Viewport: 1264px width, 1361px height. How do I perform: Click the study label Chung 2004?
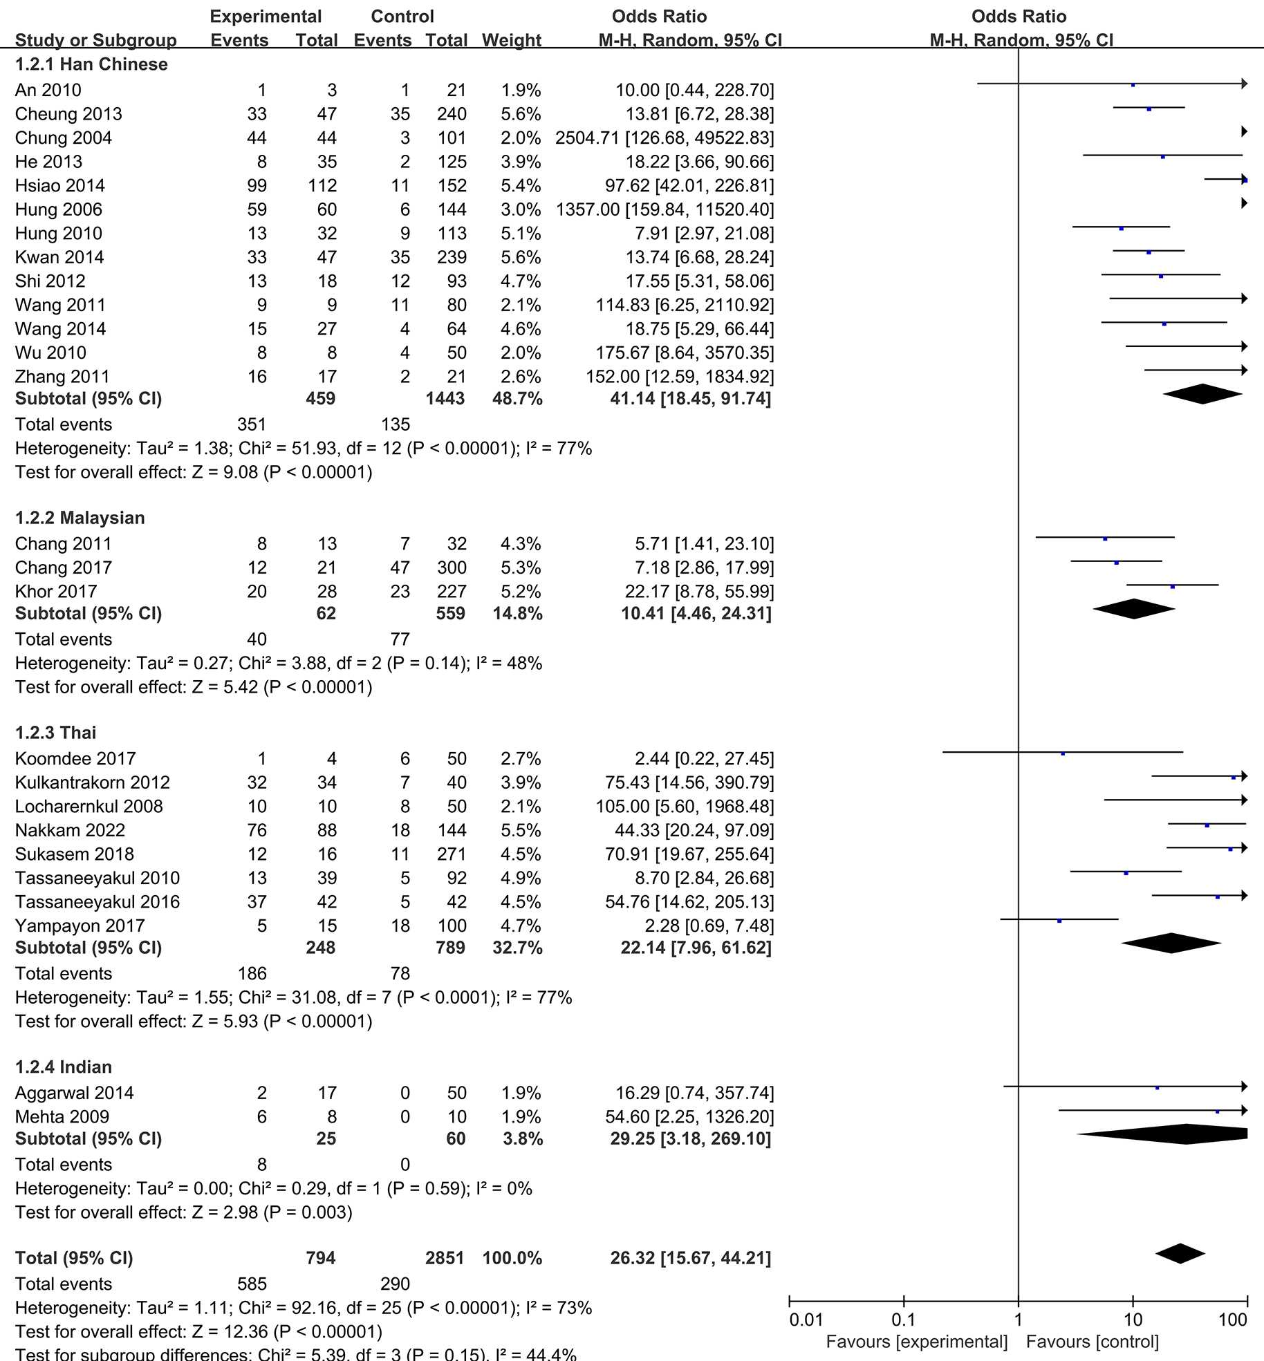[x=64, y=138]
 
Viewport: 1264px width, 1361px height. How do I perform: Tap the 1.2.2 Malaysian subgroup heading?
[x=80, y=518]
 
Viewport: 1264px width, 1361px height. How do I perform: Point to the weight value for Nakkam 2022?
[x=521, y=830]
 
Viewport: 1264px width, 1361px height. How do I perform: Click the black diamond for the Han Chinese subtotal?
[x=1202, y=394]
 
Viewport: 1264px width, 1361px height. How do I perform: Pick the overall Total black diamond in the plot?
[x=1180, y=1254]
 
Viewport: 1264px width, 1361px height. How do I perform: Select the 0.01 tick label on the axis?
[x=806, y=1320]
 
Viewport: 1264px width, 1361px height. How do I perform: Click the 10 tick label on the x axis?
[x=1133, y=1320]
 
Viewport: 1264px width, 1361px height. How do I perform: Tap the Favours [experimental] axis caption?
[x=917, y=1342]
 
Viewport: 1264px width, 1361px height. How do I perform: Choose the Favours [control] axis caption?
[x=1093, y=1342]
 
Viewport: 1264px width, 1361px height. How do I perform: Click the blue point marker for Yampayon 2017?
[x=1059, y=921]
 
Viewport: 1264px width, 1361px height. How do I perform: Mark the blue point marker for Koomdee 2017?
[x=1063, y=753]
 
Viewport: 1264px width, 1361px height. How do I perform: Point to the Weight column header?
[x=512, y=40]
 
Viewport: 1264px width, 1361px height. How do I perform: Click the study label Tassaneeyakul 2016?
[x=97, y=902]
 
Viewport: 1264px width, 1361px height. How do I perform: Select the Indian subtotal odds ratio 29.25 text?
[x=690, y=1138]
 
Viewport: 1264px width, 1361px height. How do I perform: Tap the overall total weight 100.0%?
[x=512, y=1258]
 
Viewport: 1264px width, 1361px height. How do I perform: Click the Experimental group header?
[x=266, y=17]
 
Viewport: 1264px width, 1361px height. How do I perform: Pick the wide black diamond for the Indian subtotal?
[x=1175, y=1134]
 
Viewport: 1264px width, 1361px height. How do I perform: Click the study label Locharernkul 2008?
[x=89, y=807]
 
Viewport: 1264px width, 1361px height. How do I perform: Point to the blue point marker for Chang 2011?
[x=1105, y=538]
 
